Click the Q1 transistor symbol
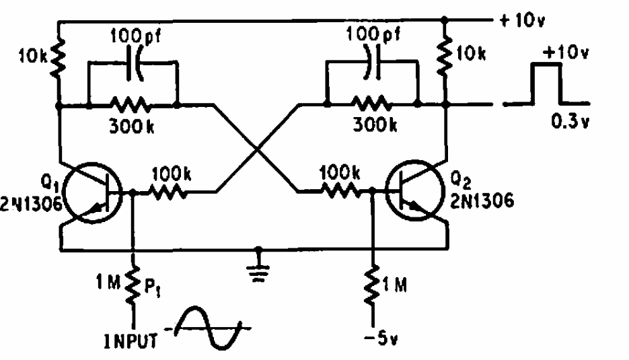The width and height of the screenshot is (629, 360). [x=94, y=194]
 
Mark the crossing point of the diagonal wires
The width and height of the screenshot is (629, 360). [x=256, y=148]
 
